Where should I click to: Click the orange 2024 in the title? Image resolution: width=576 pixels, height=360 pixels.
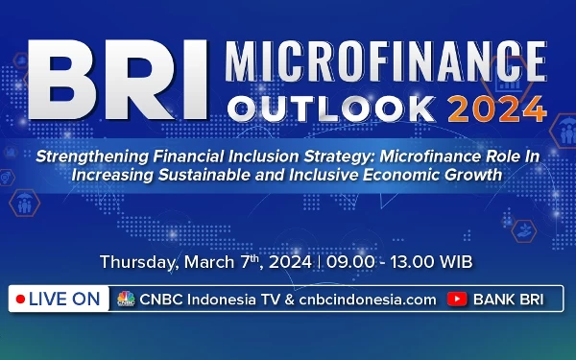tap(495, 108)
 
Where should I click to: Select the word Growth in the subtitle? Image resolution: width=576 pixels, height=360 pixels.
tap(477, 175)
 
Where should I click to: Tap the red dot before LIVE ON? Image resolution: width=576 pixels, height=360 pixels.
tap(19, 300)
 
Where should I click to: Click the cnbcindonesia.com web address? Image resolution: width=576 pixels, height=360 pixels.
tap(366, 300)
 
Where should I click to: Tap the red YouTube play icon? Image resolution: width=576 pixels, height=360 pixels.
tap(458, 300)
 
